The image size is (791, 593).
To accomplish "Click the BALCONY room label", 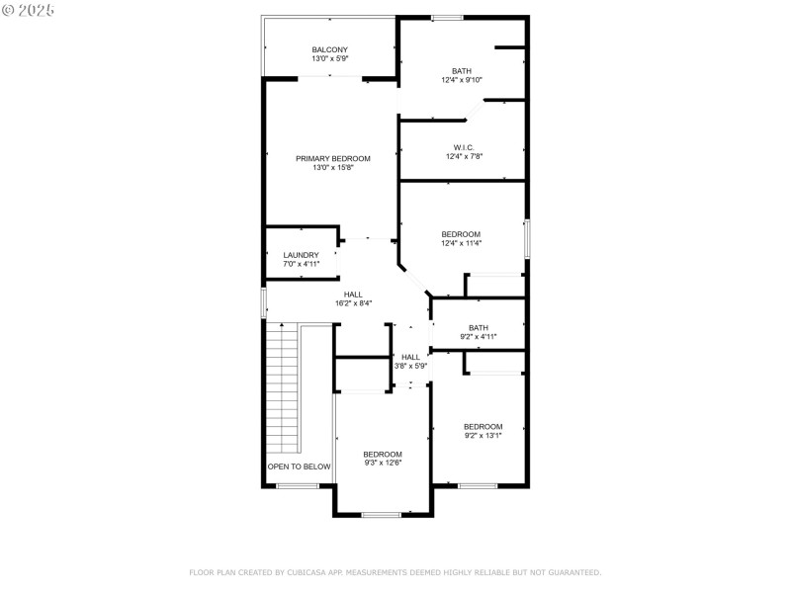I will tap(330, 49).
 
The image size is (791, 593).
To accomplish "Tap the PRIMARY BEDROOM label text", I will tap(333, 158).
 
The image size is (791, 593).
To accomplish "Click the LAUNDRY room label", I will tap(301, 255).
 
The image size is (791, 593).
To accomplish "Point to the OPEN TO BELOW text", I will tap(299, 466).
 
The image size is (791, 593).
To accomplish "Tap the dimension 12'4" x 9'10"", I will tap(461, 81).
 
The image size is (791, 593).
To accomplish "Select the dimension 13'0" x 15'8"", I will tap(333, 168).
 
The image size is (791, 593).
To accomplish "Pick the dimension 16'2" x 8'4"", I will tap(353, 303).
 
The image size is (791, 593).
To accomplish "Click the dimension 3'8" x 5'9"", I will tap(410, 366).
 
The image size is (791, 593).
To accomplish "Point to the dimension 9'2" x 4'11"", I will tap(479, 337).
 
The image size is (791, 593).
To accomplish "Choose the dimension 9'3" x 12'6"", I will tap(383, 463).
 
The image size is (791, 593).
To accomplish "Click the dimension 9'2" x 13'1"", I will tap(483, 435).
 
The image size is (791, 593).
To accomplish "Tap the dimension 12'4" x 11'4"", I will tap(461, 243).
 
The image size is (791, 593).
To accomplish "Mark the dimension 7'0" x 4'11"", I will tap(301, 264).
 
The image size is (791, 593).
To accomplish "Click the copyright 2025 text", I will tap(29, 9).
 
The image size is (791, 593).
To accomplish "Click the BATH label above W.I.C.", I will tap(462, 71).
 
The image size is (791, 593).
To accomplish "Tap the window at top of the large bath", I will tap(447, 17).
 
